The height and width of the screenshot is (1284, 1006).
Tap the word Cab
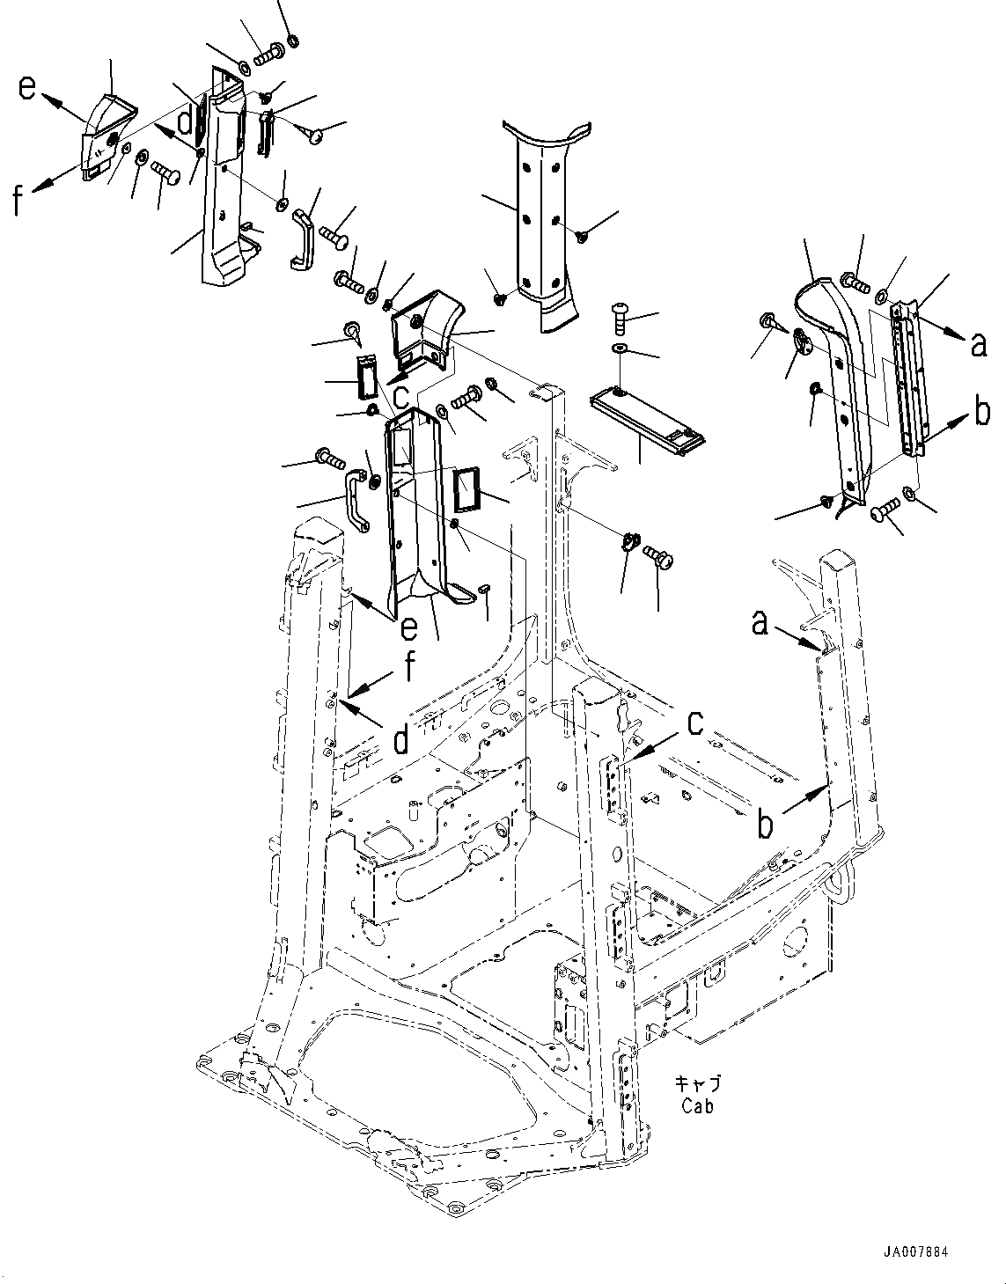click(696, 1106)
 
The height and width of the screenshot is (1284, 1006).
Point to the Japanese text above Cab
click(697, 1082)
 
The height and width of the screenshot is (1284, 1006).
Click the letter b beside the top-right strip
click(982, 413)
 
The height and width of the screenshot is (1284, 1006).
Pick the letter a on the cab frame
click(760, 623)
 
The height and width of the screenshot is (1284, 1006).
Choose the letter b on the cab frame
click(767, 825)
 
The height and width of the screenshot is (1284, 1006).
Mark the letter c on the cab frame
click(696, 722)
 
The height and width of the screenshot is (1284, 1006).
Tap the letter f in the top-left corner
click(18, 202)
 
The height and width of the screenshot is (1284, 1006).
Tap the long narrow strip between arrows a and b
click(907, 378)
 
